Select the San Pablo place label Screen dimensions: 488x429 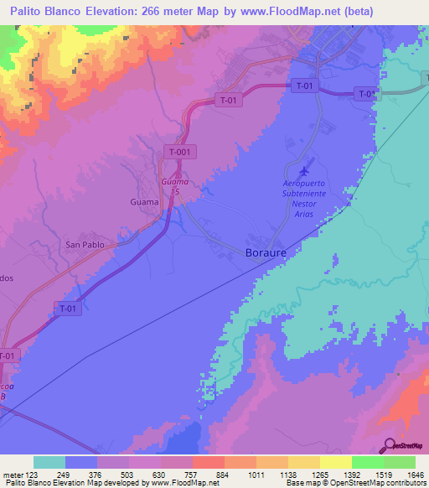coord(85,245)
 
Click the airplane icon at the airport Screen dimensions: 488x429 coord(303,173)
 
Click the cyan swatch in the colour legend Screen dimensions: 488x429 coord(49,462)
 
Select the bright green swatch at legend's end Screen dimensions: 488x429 coord(399,462)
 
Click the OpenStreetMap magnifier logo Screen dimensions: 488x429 coord(388,445)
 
